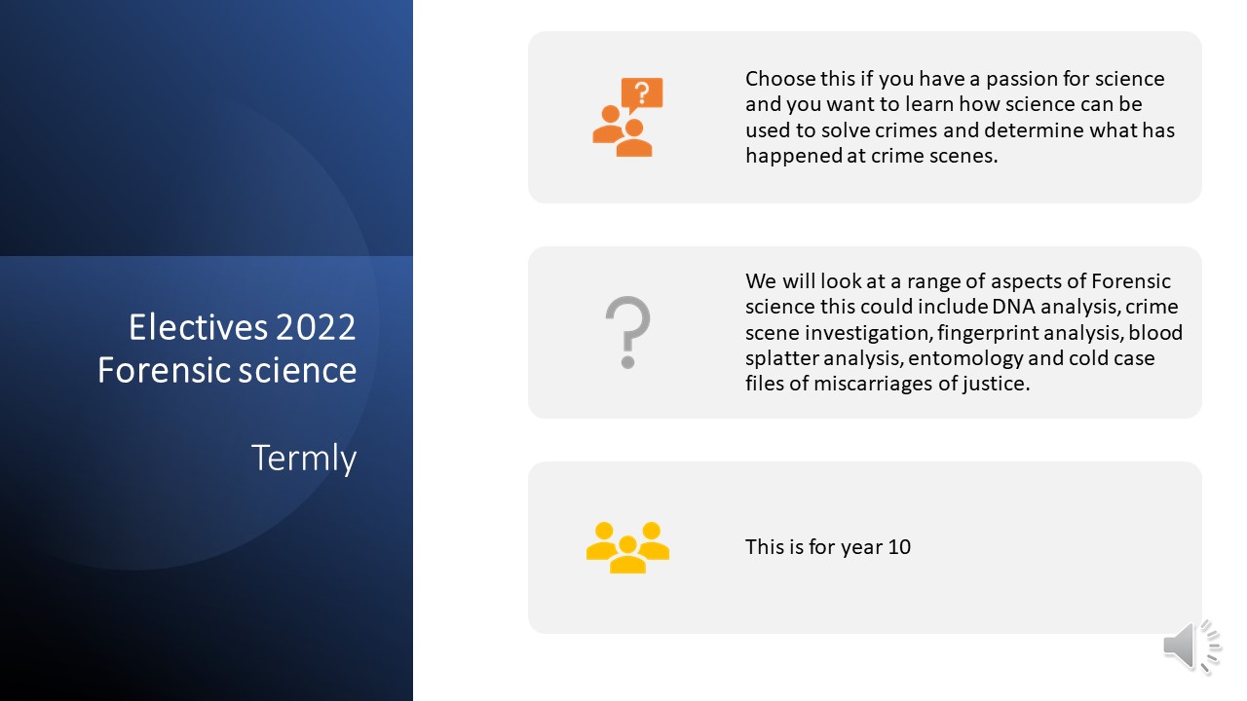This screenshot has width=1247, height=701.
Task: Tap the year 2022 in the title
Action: point(316,326)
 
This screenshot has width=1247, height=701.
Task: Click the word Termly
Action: point(303,459)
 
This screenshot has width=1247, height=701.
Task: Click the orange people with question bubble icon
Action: point(628,118)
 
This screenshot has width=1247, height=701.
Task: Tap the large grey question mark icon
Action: point(628,332)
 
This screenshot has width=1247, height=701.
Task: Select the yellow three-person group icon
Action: point(628,547)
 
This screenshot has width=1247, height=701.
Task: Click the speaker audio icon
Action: point(1191,647)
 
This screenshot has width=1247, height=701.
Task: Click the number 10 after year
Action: point(899,547)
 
